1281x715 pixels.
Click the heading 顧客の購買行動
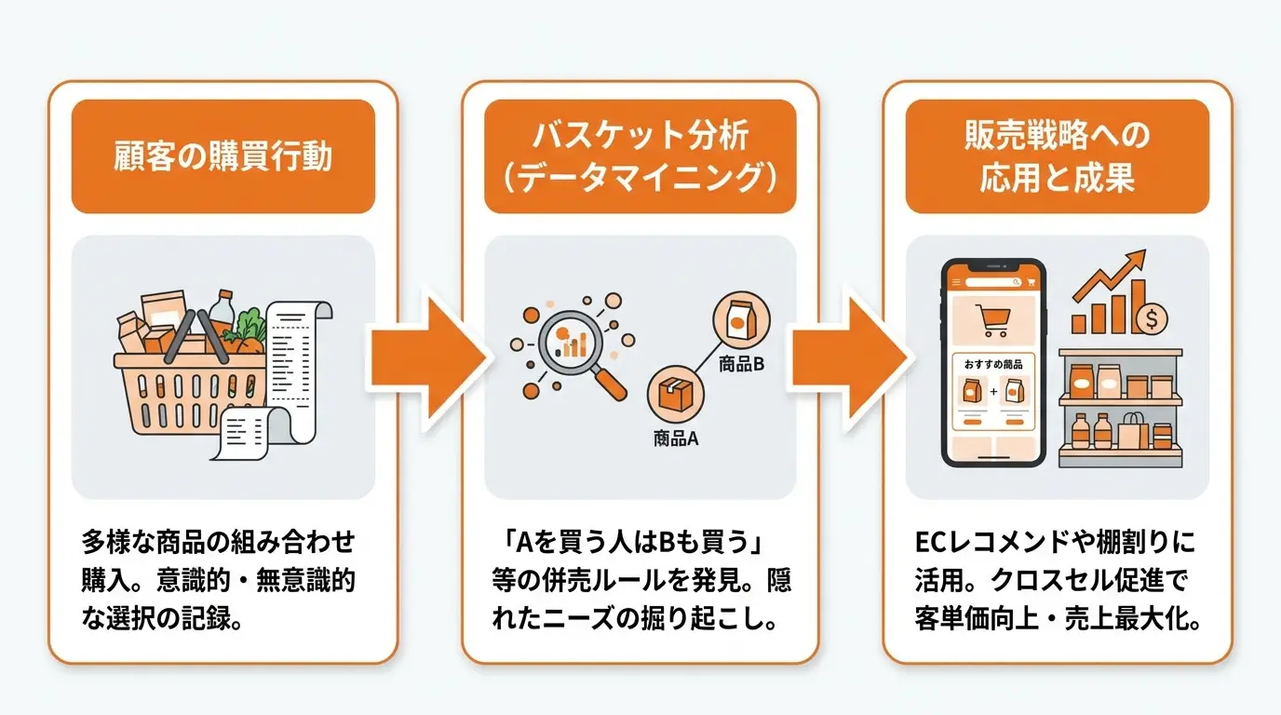(222, 155)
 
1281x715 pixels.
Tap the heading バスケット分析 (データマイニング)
(640, 155)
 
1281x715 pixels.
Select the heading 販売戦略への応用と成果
(1057, 155)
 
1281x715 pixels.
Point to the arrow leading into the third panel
(849, 358)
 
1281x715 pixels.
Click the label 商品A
(676, 438)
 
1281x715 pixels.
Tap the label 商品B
(741, 364)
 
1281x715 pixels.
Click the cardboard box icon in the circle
(675, 394)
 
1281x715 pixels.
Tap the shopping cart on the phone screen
(993, 320)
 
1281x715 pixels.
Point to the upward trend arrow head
(1135, 261)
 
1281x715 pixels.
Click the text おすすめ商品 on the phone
(993, 364)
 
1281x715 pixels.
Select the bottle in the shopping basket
(222, 312)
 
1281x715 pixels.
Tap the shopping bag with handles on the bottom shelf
(1132, 432)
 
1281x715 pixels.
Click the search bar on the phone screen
(993, 282)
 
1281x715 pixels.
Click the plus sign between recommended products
(993, 392)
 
